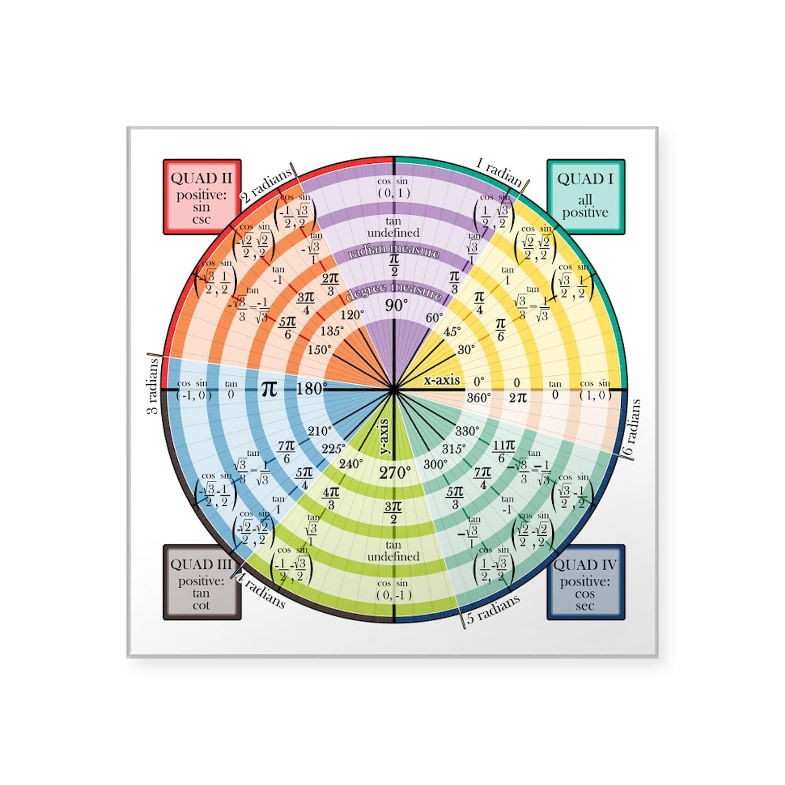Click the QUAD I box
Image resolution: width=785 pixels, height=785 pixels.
tap(586, 197)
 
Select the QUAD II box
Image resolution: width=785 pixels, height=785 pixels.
tap(202, 197)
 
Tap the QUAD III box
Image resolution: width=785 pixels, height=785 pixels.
tap(202, 582)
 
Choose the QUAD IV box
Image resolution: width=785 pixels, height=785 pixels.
tap(586, 582)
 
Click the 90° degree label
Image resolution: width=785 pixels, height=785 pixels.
tap(393, 305)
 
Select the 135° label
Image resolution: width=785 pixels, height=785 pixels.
tap(332, 331)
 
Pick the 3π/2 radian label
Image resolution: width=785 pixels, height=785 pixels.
tap(393, 512)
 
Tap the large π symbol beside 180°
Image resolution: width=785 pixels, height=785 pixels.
tap(268, 389)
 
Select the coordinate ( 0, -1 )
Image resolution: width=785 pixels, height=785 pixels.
tap(394, 596)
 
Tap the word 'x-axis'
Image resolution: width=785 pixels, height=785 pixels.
tap(442, 380)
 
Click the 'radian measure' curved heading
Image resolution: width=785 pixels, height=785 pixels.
tap(394, 251)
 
